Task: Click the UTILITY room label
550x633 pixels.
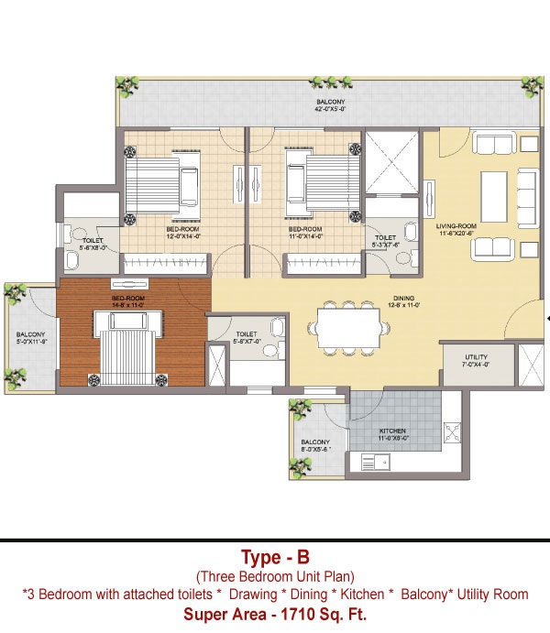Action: [x=476, y=360]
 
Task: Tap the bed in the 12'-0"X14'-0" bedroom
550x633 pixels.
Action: [x=164, y=177]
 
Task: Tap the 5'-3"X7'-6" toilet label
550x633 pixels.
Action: [x=385, y=241]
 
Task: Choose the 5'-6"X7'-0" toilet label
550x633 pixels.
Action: [x=246, y=337]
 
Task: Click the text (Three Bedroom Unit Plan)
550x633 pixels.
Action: [x=274, y=576]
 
